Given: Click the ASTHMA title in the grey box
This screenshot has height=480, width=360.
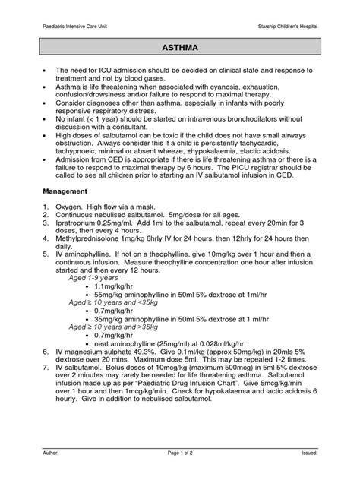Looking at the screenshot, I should click(x=179, y=47).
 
